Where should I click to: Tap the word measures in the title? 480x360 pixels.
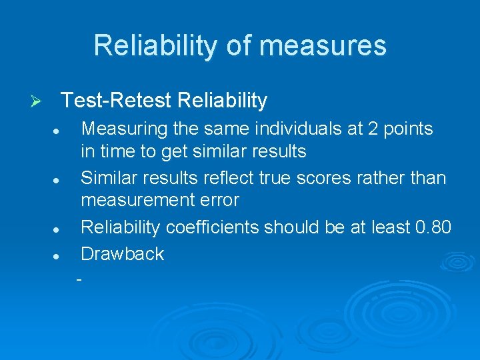323,45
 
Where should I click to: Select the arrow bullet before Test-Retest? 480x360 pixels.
38,101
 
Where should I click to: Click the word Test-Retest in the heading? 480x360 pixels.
117,101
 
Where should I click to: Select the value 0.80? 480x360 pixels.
433,227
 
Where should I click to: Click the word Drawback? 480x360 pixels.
122,254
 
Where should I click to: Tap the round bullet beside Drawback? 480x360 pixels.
59,255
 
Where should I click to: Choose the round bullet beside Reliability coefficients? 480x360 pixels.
59,229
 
